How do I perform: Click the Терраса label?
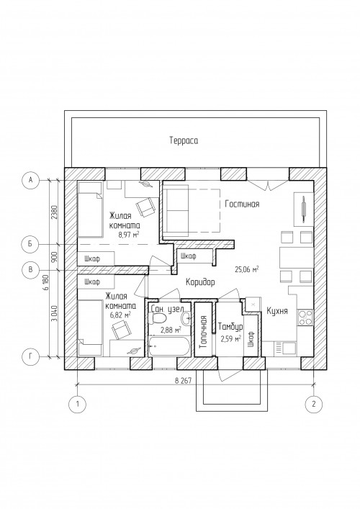point(184,140)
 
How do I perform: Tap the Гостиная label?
point(242,204)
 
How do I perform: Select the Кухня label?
point(277,311)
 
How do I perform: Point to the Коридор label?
point(200,282)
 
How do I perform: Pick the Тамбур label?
point(230,327)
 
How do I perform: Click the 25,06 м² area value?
point(247,269)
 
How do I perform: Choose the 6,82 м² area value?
point(120,314)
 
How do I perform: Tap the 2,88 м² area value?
point(171,330)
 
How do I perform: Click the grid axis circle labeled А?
point(30,179)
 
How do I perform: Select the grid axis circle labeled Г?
point(30,357)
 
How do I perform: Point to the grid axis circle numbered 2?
point(314,404)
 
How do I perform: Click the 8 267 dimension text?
point(182,381)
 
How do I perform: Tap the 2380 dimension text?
point(54,212)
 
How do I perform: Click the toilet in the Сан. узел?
point(159,317)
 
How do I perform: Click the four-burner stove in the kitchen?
point(305,317)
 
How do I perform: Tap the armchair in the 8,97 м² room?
point(145,207)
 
